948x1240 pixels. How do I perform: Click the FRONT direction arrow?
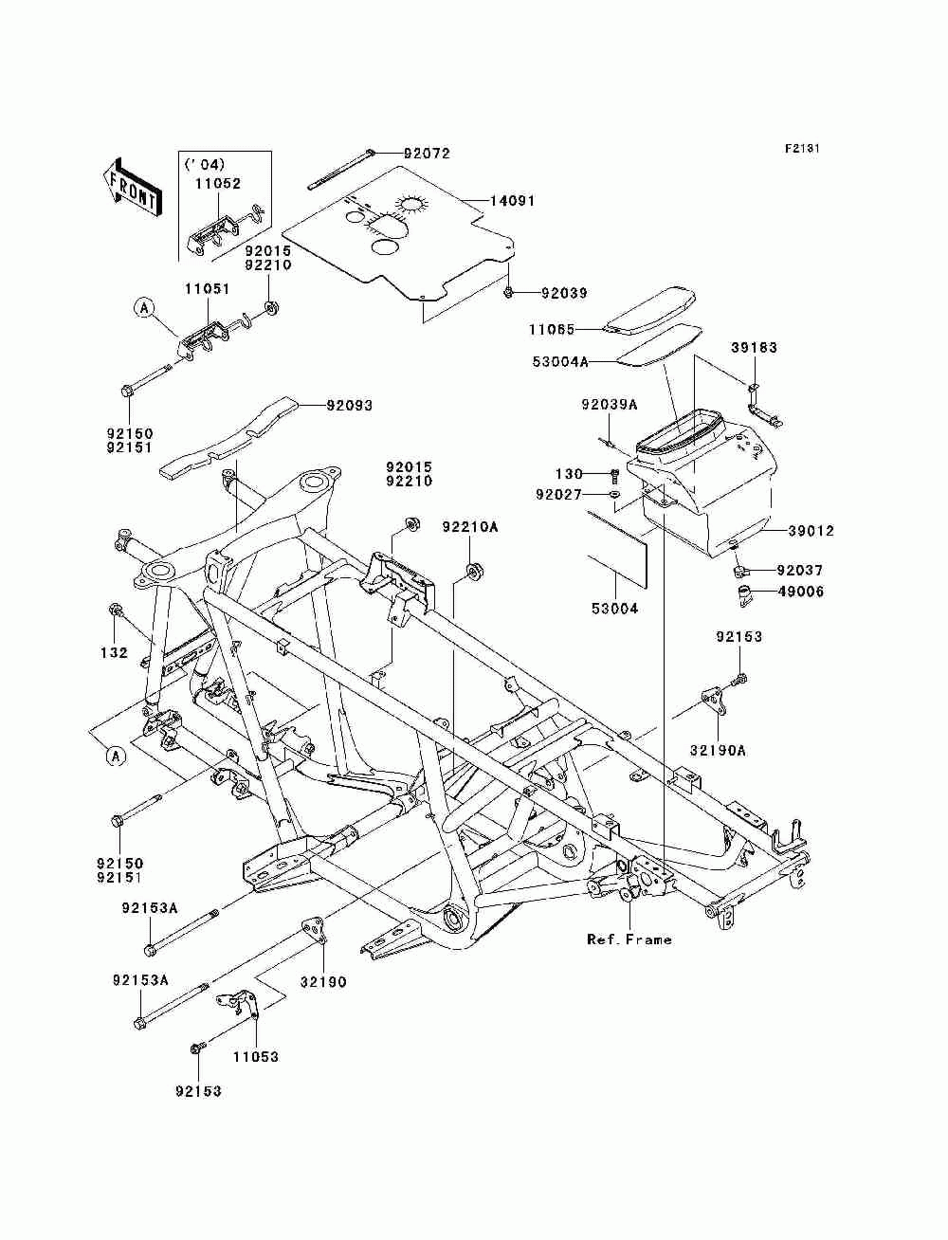click(132, 187)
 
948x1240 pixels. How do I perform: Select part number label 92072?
click(427, 154)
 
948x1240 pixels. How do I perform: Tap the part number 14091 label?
click(512, 201)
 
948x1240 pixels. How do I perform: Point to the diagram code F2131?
click(802, 149)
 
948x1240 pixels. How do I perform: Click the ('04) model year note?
click(205, 164)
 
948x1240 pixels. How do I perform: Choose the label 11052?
click(218, 184)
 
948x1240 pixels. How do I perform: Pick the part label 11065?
click(552, 329)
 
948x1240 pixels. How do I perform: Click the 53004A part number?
click(560, 361)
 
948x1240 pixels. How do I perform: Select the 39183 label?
click(755, 347)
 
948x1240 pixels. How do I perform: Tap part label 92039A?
click(610, 405)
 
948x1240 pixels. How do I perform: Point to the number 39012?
click(811, 531)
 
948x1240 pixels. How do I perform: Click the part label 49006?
click(801, 593)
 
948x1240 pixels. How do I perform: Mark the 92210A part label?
click(470, 527)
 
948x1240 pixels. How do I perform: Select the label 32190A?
click(718, 750)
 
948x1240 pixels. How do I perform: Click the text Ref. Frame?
click(629, 939)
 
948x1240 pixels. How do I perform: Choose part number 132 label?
click(114, 653)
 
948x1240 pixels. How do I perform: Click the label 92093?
click(349, 406)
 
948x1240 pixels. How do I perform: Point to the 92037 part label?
click(799, 570)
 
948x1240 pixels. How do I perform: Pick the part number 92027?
click(558, 495)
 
